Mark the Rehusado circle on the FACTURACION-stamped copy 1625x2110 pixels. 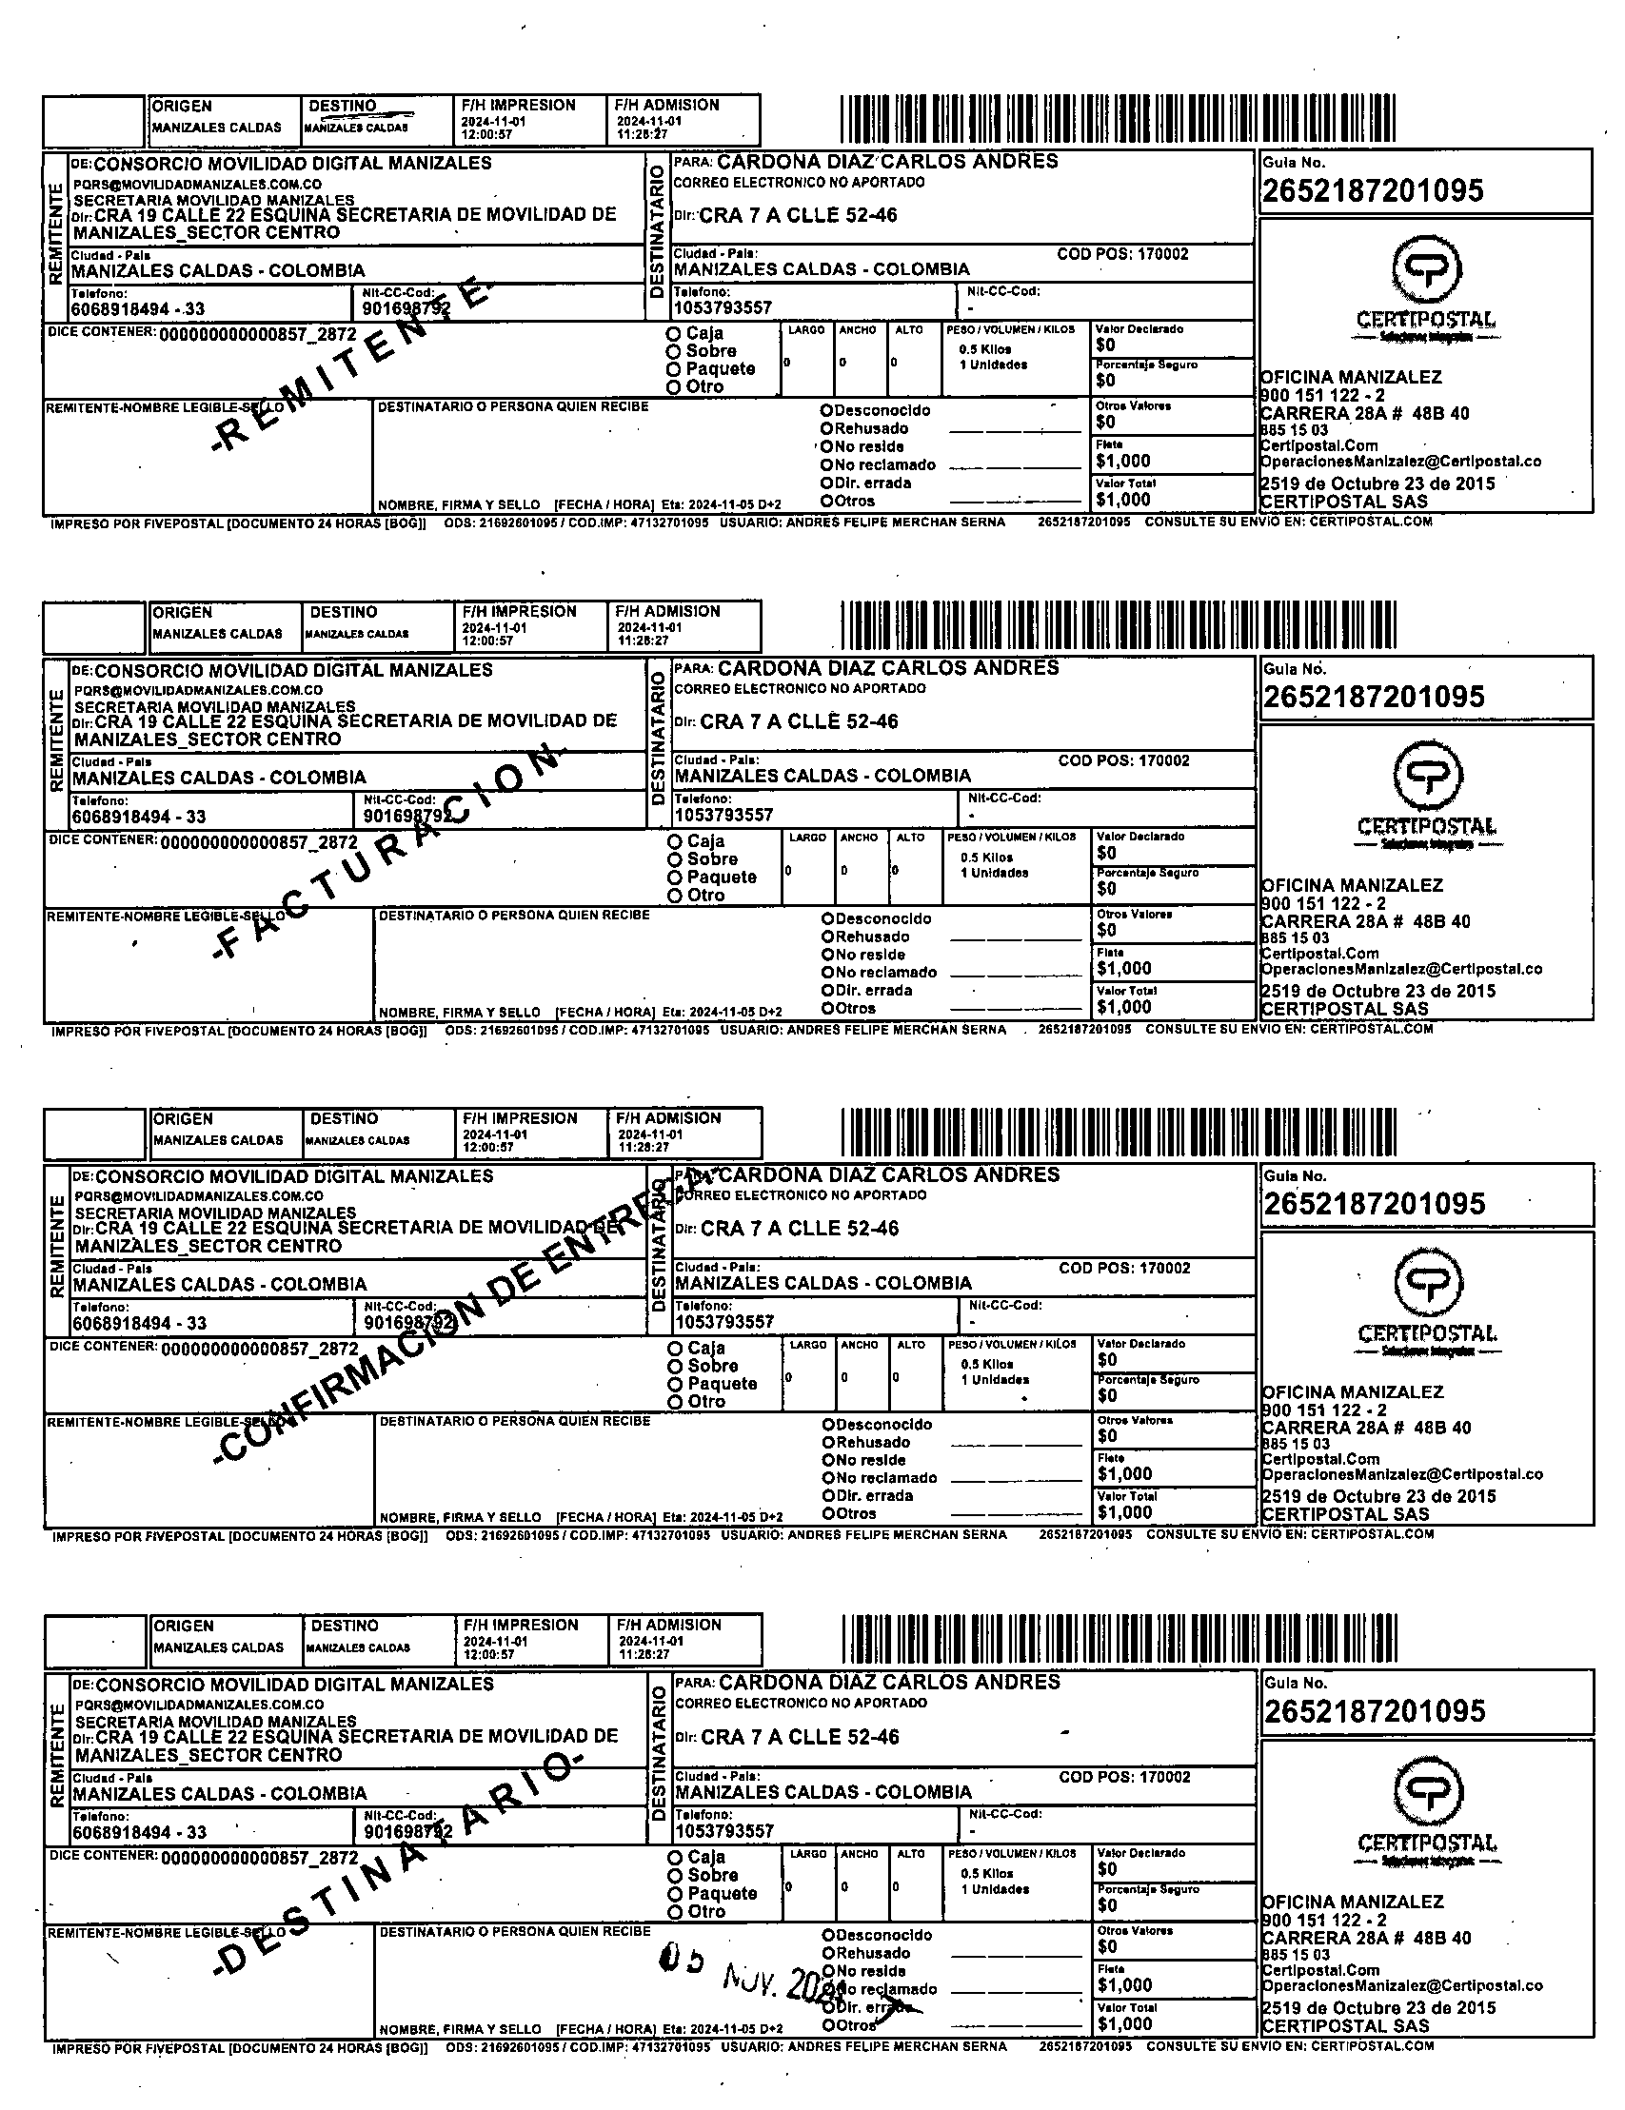828,937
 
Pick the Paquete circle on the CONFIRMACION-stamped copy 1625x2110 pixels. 675,1384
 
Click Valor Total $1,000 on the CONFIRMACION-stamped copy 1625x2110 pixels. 1123,1512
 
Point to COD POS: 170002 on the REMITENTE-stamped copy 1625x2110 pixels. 1122,254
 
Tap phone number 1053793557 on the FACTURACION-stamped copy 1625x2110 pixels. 724,815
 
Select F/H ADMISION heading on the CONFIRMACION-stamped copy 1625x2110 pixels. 668,1117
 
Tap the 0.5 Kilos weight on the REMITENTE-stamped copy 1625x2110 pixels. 984,349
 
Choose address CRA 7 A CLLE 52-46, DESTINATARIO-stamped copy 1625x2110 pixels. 799,1737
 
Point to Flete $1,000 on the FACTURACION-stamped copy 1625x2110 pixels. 1123,967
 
